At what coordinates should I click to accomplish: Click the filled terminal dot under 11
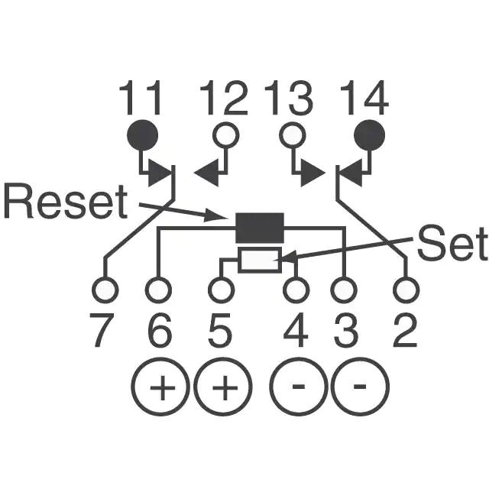[142, 135]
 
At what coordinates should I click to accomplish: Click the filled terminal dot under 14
[371, 135]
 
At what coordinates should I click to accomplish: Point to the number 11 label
[141, 99]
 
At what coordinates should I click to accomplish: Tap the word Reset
[64, 202]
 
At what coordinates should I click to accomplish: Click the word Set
[452, 246]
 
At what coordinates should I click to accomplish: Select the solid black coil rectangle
[260, 227]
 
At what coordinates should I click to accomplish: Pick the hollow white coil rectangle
[260, 260]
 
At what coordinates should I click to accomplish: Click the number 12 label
[225, 99]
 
